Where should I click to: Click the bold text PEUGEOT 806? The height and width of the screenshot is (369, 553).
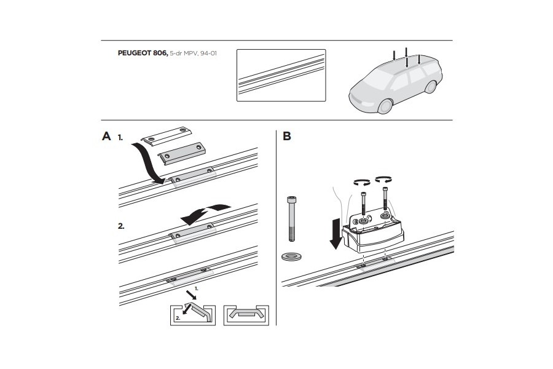point(142,54)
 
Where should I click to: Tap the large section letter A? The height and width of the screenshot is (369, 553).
point(107,137)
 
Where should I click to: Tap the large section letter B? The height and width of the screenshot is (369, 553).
point(287,137)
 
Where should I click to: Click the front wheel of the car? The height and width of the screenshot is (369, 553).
point(385,106)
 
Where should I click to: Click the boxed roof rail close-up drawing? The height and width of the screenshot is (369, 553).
point(281,75)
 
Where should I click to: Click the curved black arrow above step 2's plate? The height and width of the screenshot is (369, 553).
point(206,211)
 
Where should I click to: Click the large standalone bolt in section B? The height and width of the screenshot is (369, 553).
point(291,219)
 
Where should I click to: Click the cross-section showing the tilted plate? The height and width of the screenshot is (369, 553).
point(192,313)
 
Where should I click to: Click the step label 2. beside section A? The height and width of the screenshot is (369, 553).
point(122,226)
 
